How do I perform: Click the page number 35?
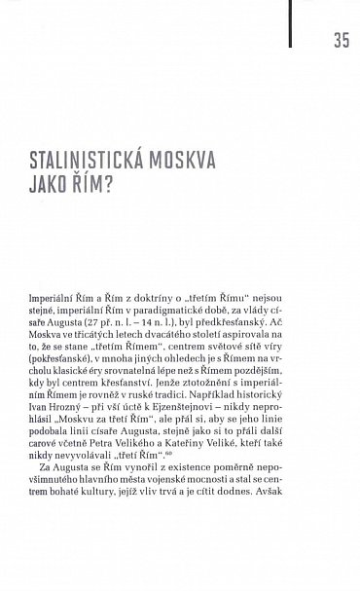tap(341, 40)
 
